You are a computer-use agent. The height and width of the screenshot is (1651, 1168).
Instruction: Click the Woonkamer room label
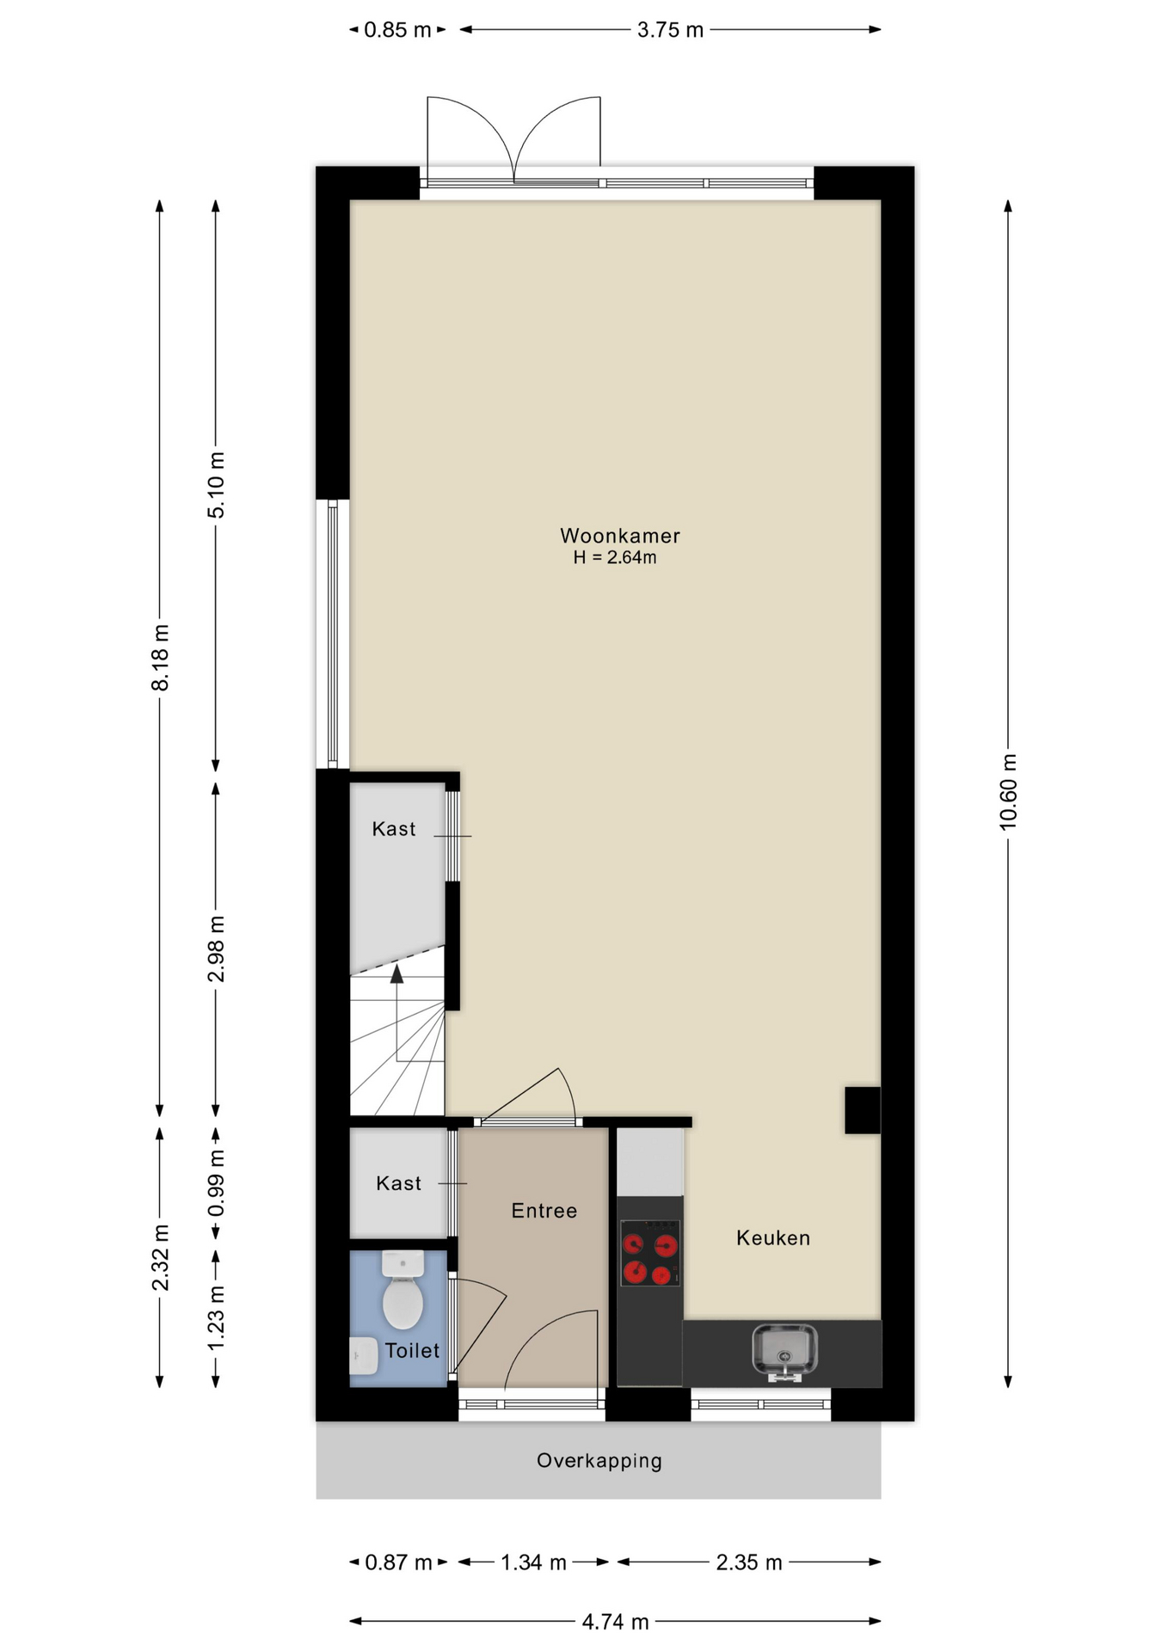tap(619, 536)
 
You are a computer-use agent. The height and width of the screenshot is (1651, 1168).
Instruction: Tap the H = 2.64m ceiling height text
tap(615, 557)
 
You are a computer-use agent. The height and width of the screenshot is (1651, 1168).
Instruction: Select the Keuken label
tap(773, 1237)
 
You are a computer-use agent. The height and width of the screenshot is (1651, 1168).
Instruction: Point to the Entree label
tap(544, 1211)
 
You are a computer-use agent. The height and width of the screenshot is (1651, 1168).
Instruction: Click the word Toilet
tap(412, 1350)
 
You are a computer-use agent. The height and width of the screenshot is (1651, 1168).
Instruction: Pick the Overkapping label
tap(599, 1461)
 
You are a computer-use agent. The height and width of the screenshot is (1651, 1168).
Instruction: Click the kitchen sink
tap(784, 1351)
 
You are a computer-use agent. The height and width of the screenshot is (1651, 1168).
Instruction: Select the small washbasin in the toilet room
tap(364, 1356)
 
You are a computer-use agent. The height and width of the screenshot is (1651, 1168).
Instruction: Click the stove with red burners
tap(650, 1254)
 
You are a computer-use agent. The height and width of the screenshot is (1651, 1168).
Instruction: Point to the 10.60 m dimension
tap(1008, 793)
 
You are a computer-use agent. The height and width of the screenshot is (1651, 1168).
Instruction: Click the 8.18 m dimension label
tap(160, 658)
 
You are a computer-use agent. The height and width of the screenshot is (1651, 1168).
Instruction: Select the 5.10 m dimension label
tap(216, 485)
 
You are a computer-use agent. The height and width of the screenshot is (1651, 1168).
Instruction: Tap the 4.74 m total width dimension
tap(615, 1622)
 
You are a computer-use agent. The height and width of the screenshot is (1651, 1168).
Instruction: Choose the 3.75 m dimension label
tap(670, 30)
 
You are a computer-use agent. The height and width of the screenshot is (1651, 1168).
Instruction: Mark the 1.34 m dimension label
tap(533, 1562)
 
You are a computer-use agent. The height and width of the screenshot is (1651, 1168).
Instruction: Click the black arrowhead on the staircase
tap(397, 973)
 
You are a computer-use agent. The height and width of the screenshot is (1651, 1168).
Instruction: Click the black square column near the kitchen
tap(862, 1110)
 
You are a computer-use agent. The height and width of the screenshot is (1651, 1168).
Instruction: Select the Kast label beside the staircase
tap(394, 829)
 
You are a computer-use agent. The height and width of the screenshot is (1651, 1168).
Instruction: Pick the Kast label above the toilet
tap(398, 1183)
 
